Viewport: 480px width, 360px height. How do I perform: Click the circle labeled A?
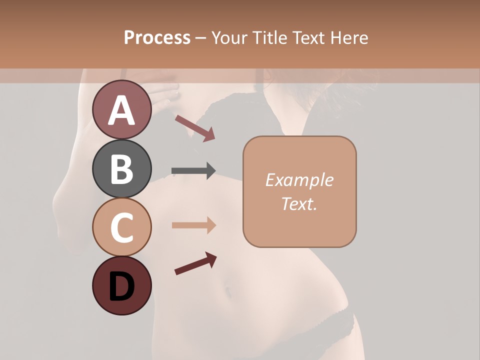coord(122,109)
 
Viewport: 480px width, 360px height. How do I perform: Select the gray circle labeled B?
coord(122,168)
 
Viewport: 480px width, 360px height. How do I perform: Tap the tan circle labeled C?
coord(122,227)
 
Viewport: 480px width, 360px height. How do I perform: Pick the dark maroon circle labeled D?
coord(122,286)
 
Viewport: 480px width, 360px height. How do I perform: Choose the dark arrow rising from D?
coord(195,264)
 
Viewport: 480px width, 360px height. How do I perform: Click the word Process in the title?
coord(157,37)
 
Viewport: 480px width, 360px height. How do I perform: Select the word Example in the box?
coord(299,180)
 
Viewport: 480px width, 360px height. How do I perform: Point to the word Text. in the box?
coord(299,203)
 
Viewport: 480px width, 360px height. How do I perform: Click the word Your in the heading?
coord(228,37)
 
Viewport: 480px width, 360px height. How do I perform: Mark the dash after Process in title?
coord(201,38)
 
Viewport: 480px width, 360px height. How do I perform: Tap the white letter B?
coord(122,169)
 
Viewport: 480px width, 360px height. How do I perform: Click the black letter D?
coord(122,286)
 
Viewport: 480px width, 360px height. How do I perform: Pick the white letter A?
coord(122,110)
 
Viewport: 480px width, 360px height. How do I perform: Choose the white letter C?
coord(122,227)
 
